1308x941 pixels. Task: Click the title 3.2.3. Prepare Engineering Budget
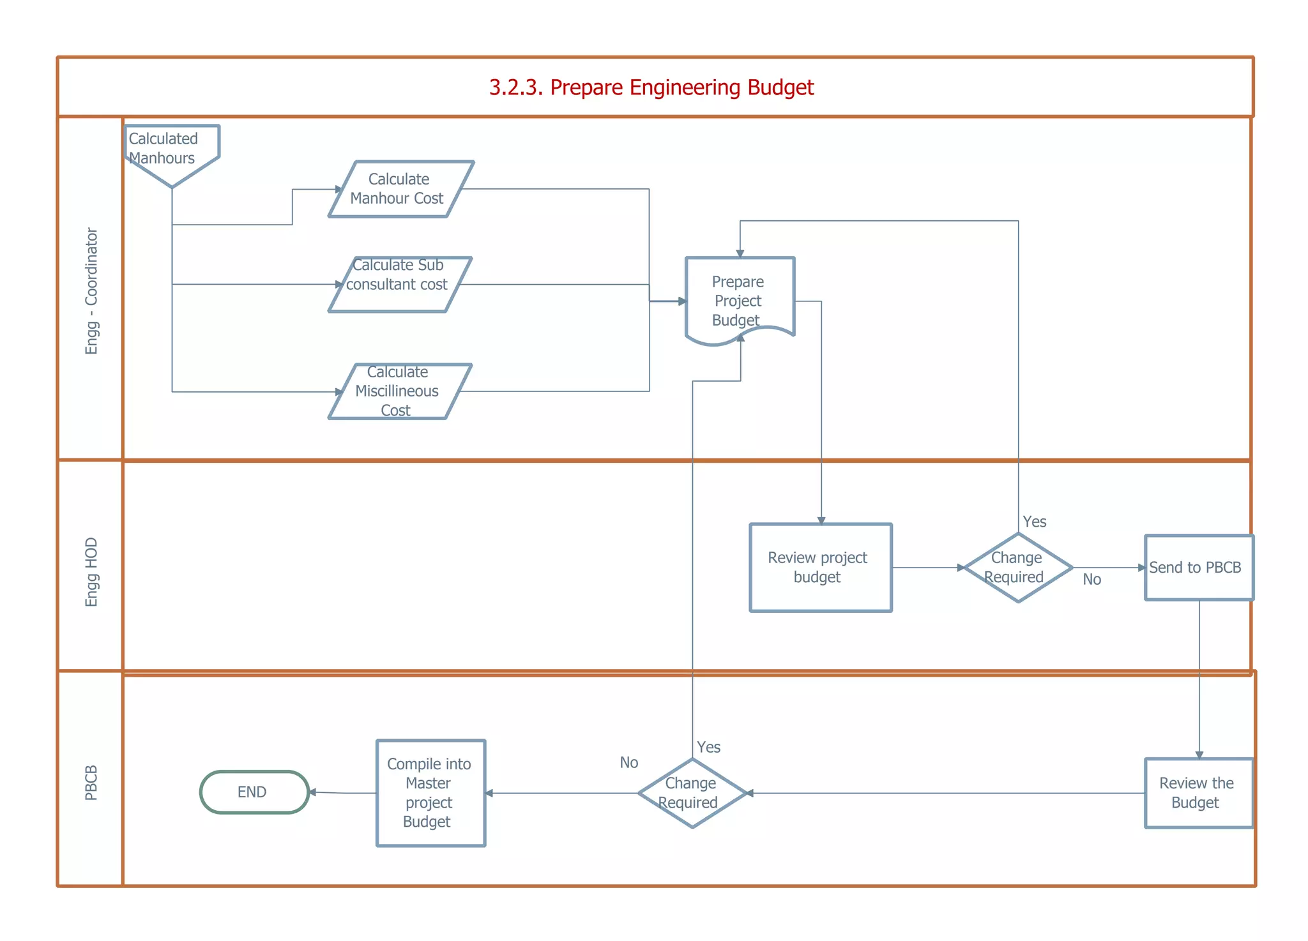(x=651, y=87)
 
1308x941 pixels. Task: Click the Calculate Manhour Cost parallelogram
(x=400, y=189)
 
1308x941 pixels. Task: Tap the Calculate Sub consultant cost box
(x=399, y=284)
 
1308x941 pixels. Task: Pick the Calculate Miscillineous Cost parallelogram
(x=399, y=391)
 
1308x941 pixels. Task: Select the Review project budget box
(x=820, y=568)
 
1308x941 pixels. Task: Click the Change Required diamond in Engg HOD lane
(x=1017, y=568)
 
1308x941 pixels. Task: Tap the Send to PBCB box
(x=1198, y=568)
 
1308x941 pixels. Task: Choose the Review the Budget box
(x=1198, y=793)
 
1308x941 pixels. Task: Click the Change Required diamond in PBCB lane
(x=692, y=793)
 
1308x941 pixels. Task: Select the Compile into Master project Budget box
(x=430, y=793)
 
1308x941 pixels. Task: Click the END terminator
(x=254, y=792)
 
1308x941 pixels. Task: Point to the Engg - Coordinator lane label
(x=92, y=290)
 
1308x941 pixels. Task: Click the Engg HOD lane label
(x=92, y=572)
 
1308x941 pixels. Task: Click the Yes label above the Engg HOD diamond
(x=1034, y=522)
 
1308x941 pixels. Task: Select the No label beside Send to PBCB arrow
(x=1091, y=579)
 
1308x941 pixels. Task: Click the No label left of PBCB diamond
(x=628, y=762)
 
